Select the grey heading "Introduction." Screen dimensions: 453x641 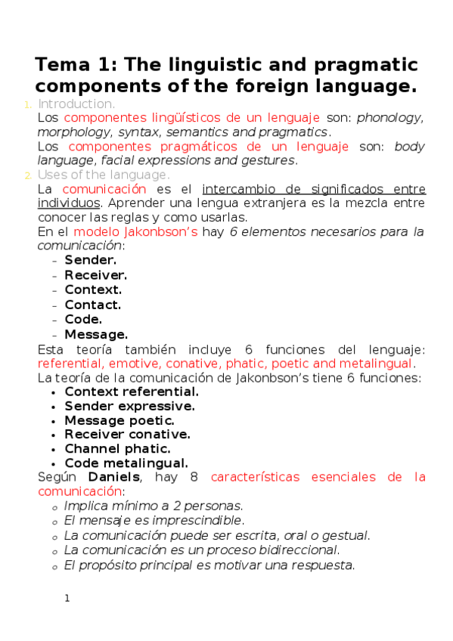(76, 104)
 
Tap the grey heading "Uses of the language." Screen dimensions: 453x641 (104, 175)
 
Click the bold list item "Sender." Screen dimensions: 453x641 (90, 261)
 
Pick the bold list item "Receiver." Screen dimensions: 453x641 (95, 275)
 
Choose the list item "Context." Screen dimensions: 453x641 (92, 290)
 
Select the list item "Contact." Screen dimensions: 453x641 (92, 305)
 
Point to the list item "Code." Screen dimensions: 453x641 (83, 319)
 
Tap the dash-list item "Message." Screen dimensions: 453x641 (96, 334)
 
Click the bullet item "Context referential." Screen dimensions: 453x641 (132, 392)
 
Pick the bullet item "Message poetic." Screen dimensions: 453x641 (119, 420)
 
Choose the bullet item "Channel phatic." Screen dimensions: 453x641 (117, 449)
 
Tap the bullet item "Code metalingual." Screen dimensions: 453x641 (126, 463)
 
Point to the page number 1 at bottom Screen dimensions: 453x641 (67, 599)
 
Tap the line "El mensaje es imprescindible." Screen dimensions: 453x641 (154, 521)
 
